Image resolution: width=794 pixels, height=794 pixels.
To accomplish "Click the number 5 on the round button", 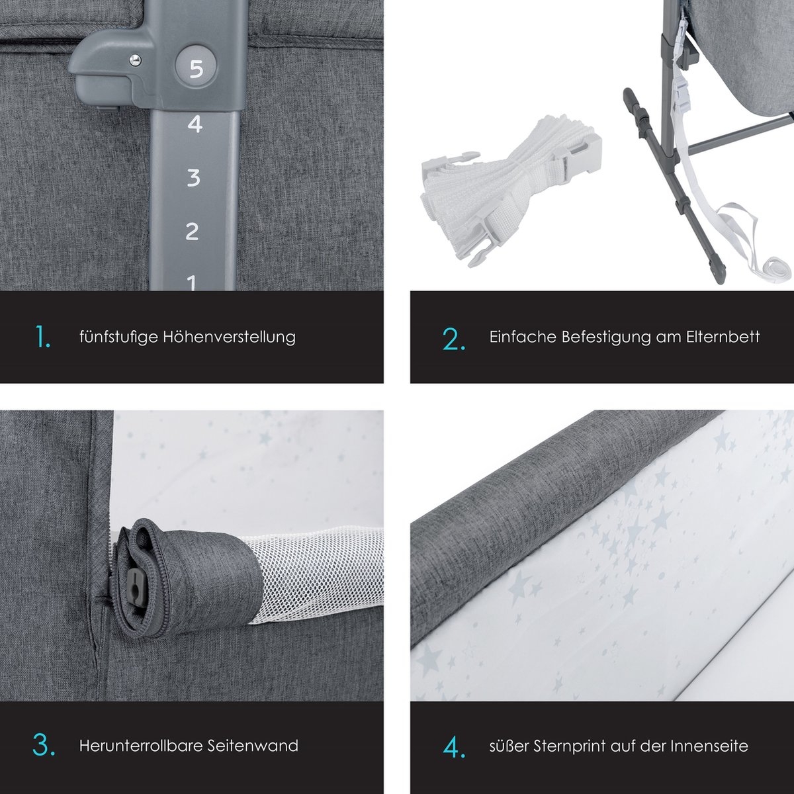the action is click(196, 69).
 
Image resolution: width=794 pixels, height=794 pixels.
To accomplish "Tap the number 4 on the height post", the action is click(195, 124).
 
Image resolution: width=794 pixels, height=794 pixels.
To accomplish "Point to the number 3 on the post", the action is click(193, 177).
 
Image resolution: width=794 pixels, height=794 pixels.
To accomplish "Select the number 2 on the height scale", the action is click(192, 231).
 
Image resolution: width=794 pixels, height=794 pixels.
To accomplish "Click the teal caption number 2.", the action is click(454, 339).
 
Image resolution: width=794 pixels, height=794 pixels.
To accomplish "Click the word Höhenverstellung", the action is click(229, 337).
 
